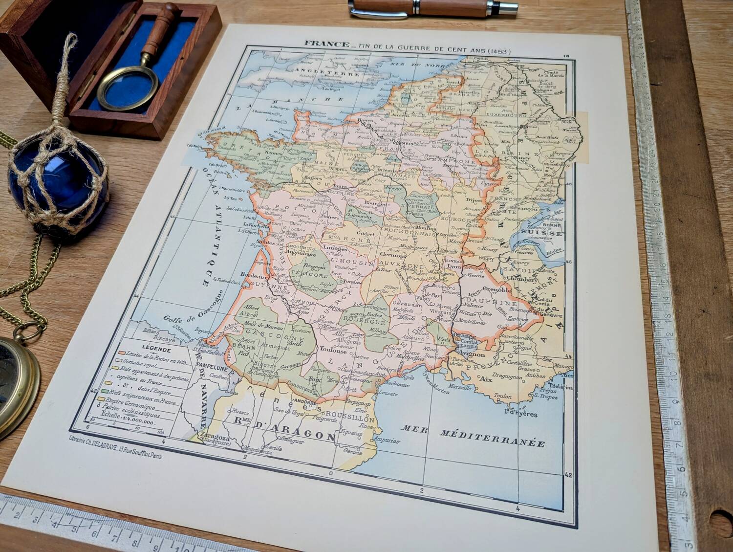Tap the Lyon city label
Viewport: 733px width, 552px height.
coord(454,267)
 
